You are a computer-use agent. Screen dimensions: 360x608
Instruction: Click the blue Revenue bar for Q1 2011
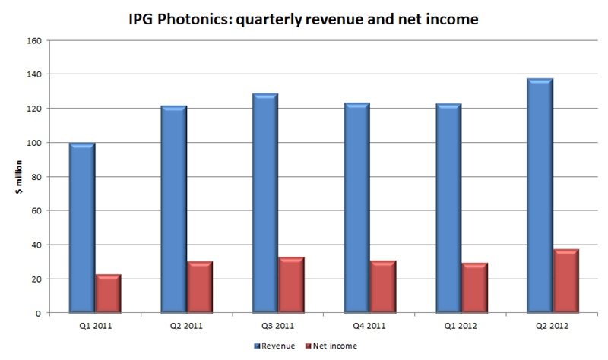(82, 228)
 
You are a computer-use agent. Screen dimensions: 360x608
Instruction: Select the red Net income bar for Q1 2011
(108, 295)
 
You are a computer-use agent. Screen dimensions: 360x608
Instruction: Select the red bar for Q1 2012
(474, 289)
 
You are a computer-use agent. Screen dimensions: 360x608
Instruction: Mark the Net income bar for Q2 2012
(565, 282)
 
